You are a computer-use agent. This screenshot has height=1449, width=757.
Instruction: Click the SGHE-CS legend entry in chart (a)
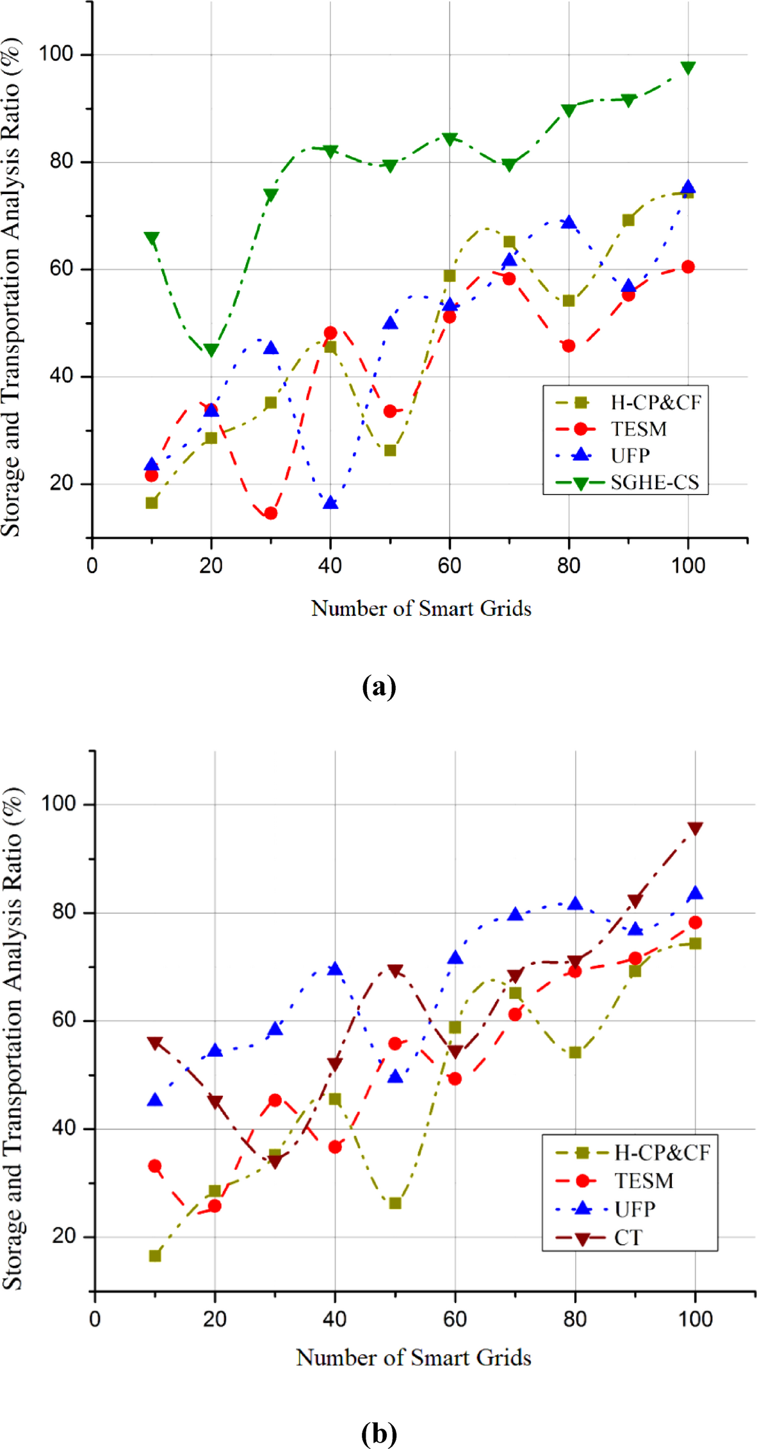(654, 482)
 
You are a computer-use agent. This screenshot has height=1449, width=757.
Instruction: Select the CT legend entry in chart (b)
(628, 1238)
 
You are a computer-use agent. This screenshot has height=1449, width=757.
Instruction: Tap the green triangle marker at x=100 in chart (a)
(688, 68)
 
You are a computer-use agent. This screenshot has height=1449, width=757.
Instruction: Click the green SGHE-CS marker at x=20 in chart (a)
(211, 350)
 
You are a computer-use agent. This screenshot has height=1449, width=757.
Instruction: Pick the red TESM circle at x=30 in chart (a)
(271, 513)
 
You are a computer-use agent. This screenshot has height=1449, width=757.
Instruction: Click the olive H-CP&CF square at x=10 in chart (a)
(152, 503)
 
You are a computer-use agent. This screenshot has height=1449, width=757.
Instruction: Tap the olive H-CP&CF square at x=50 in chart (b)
(395, 1203)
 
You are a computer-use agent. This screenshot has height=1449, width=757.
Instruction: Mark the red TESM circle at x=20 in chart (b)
(215, 1206)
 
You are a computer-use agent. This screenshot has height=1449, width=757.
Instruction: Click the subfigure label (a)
(378, 687)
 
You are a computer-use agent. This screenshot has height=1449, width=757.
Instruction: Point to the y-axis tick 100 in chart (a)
(56, 54)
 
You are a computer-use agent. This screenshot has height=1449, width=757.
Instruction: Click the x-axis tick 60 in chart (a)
(450, 565)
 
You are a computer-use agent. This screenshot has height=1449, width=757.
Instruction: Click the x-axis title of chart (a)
(421, 608)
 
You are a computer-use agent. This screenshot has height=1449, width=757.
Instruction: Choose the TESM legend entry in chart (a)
(639, 429)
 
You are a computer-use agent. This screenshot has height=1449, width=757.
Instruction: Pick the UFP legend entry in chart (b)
(635, 1210)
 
